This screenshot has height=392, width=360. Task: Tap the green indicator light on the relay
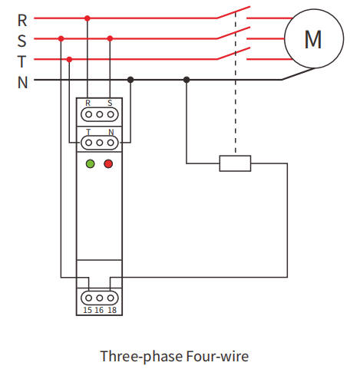[x=91, y=163]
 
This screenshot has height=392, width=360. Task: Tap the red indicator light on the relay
[x=108, y=163]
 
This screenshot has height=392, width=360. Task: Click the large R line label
[x=22, y=21]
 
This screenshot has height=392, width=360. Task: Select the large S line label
[x=22, y=41]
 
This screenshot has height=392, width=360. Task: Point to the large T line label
[x=22, y=61]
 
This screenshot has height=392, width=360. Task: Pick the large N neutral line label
[x=22, y=82]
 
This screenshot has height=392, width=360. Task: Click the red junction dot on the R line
[x=88, y=18]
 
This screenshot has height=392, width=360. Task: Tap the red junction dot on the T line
[x=69, y=60]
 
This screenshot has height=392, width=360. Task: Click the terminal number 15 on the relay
[x=88, y=310]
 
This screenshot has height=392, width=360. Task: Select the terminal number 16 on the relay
[x=99, y=310]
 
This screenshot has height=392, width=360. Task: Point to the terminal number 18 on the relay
[x=112, y=310]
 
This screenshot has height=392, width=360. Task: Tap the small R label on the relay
[x=88, y=103]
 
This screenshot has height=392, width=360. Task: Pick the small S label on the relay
[x=110, y=103]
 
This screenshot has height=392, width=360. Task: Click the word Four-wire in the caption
[x=217, y=356]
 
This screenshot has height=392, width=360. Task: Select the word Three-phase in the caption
[x=141, y=357]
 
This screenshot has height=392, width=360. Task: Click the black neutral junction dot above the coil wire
[x=187, y=80]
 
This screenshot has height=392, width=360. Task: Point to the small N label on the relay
[x=111, y=132]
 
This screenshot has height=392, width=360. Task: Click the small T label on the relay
[x=88, y=132]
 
